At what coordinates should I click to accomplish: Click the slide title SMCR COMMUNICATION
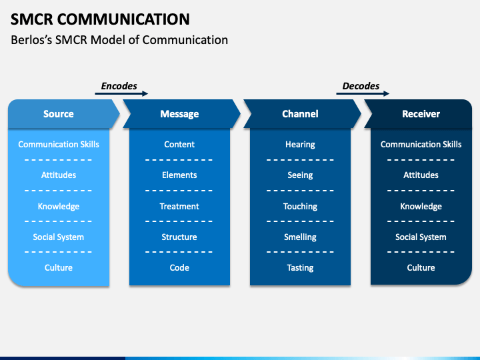pos(100,19)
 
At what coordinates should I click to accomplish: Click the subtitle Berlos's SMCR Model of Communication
pos(119,40)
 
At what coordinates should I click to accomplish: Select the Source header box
pos(59,114)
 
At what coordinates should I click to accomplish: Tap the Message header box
pos(179,114)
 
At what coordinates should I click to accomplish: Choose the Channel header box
pos(300,114)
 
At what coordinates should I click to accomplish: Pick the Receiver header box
pos(421,114)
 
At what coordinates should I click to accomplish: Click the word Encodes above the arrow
pos(119,86)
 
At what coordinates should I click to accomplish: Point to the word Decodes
pos(361,86)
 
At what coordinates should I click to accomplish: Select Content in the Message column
pos(179,145)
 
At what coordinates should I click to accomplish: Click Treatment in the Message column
pos(179,206)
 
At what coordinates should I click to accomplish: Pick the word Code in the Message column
pos(179,267)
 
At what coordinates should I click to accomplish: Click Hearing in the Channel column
pos(300,145)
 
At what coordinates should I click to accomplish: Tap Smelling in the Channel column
pos(300,237)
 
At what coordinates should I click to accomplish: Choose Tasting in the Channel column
pos(300,267)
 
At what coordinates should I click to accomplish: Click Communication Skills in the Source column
pos(59,145)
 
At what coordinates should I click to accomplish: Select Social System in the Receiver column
pos(421,237)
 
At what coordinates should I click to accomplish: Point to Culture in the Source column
pos(59,267)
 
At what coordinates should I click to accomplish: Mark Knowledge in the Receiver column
pos(421,206)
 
